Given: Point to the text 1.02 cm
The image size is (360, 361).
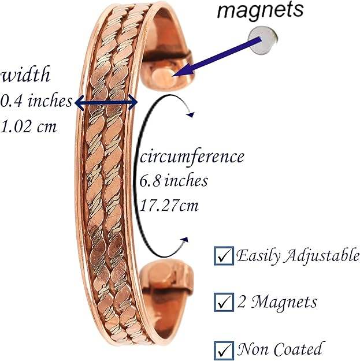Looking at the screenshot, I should tap(29, 125).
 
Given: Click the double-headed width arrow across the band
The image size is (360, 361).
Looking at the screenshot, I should tap(107, 103).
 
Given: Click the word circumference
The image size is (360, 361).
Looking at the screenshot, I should tap(191, 157).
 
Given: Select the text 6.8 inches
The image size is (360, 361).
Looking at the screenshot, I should tap(173, 180).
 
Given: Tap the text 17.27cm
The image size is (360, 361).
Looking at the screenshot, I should tap(170, 204).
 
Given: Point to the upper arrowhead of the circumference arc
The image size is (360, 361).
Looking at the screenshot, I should tap(189, 115).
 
